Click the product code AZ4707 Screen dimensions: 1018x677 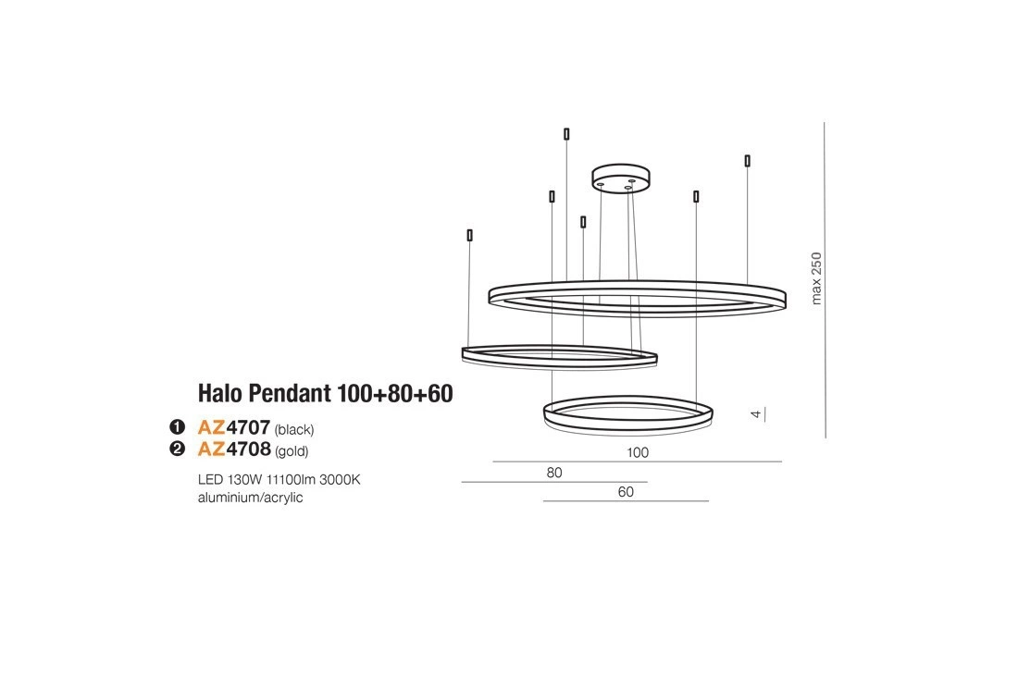(x=234, y=427)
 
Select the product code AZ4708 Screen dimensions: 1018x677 (x=234, y=449)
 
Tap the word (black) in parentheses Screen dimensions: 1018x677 (x=294, y=430)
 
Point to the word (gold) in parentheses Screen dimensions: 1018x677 (x=292, y=451)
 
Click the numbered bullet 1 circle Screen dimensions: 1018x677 (x=177, y=427)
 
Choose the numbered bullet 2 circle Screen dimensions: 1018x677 (x=177, y=449)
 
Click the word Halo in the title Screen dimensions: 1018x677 (x=221, y=393)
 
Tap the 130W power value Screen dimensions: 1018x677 (x=244, y=480)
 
